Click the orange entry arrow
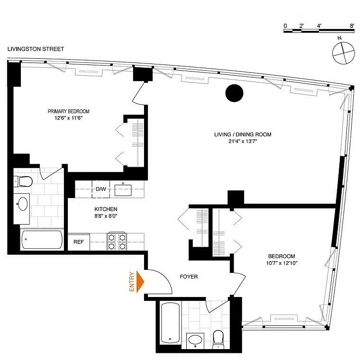pyautogui.click(x=140, y=281)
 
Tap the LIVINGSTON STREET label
pyautogui.click(x=36, y=49)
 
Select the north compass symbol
pyautogui.click(x=343, y=53)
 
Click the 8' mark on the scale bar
pyautogui.click(x=352, y=26)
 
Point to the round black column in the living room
pyautogui.click(x=234, y=93)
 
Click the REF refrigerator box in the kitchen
pyautogui.click(x=79, y=242)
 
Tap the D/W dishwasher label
pyautogui.click(x=101, y=189)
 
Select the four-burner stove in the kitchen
pyautogui.click(x=117, y=241)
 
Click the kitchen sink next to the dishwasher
pyautogui.click(x=123, y=190)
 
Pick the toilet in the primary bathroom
pyautogui.click(x=23, y=181)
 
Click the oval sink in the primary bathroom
pyautogui.click(x=22, y=204)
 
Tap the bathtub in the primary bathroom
pyautogui.click(x=42, y=240)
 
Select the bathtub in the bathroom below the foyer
pyautogui.click(x=171, y=323)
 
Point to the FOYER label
pyautogui.click(x=189, y=277)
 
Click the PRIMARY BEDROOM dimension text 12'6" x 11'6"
pyautogui.click(x=69, y=118)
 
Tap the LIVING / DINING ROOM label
pyautogui.click(x=243, y=135)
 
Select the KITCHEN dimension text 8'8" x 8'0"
pyautogui.click(x=106, y=216)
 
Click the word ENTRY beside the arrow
pyautogui.click(x=131, y=281)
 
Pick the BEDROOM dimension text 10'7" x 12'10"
pyautogui.click(x=281, y=263)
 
